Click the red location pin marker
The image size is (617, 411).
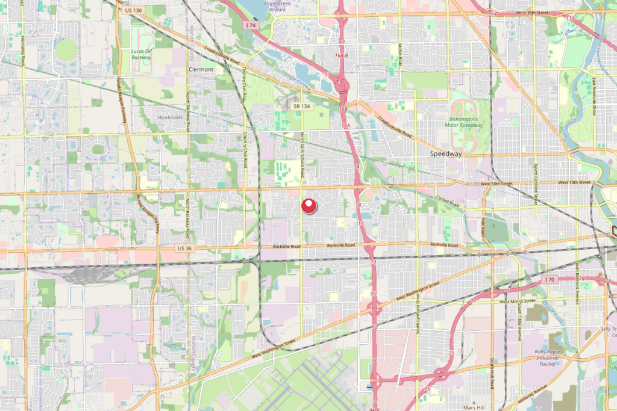(308, 206)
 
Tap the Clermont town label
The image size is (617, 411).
(201, 70)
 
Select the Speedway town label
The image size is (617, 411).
(446, 154)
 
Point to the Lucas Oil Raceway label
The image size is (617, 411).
(141, 55)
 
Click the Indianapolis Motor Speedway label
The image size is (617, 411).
(466, 122)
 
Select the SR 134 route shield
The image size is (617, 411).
(301, 106)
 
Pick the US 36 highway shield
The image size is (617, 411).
(184, 248)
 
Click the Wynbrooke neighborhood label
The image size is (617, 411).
(169, 117)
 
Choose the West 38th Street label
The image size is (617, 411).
(531, 12)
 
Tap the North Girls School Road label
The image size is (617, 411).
(302, 155)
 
